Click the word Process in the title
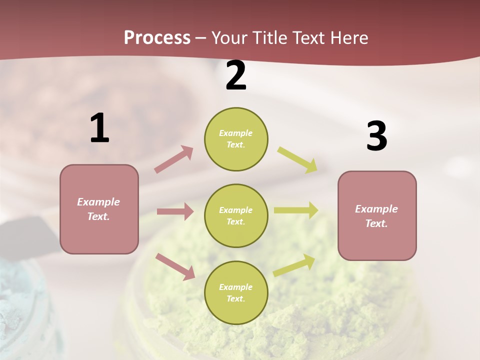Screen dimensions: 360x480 pyautogui.click(x=157, y=38)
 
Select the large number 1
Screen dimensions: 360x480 pyautogui.click(x=99, y=128)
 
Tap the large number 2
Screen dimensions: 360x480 pyautogui.click(x=236, y=75)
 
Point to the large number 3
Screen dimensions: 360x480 pyautogui.click(x=377, y=136)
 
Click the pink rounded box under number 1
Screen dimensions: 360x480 pyautogui.click(x=99, y=209)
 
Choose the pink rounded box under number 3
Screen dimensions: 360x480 pyautogui.click(x=377, y=215)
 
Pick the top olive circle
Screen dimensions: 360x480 pyautogui.click(x=236, y=139)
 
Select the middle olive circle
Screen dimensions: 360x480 pyautogui.click(x=236, y=215)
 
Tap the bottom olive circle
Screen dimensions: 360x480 pyautogui.click(x=236, y=292)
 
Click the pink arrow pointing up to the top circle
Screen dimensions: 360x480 pyautogui.click(x=173, y=159)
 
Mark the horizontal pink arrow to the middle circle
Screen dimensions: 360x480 pyautogui.click(x=175, y=211)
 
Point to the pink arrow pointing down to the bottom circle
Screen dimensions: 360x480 pyautogui.click(x=175, y=266)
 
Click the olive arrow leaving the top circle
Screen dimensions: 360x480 pyautogui.click(x=297, y=159)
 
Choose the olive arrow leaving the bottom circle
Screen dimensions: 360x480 pyautogui.click(x=294, y=264)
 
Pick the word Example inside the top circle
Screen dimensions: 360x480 pyautogui.click(x=236, y=133)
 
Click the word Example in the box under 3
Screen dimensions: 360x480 pyautogui.click(x=376, y=209)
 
